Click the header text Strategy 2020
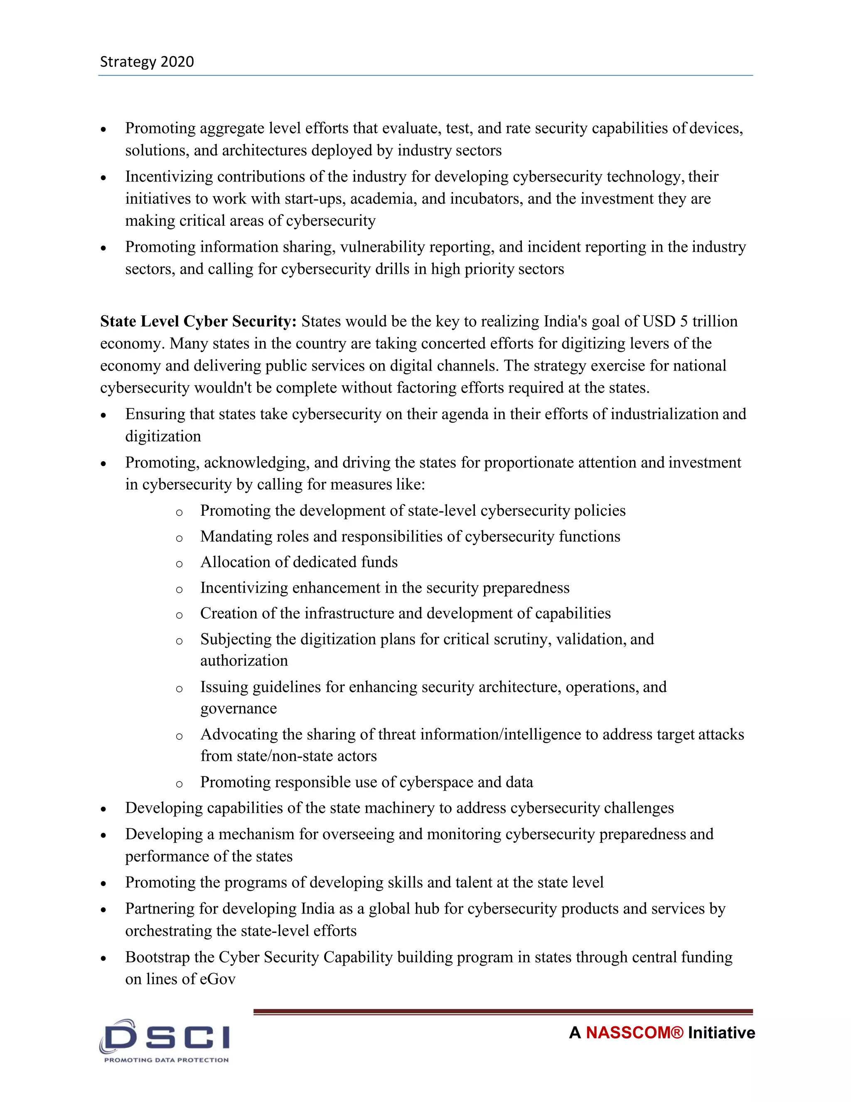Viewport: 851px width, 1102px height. click(x=147, y=62)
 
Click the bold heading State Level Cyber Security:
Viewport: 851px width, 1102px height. click(x=198, y=321)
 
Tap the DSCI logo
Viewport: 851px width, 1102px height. click(x=165, y=1037)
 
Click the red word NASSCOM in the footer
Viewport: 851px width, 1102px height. click(x=634, y=1033)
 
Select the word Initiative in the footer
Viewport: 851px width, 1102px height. click(x=721, y=1033)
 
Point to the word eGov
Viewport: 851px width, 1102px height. click(x=217, y=979)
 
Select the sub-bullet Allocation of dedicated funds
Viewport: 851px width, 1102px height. click(x=299, y=562)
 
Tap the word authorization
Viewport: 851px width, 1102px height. click(x=244, y=660)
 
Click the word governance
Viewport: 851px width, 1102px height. click(x=239, y=709)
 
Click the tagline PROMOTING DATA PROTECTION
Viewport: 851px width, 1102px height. click(x=166, y=1060)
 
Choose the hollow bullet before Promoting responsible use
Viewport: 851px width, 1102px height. click(x=179, y=783)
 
